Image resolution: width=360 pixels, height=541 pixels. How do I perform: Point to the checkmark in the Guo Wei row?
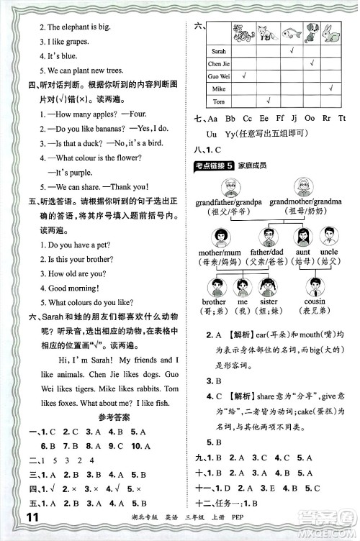pyautogui.click(x=245, y=76)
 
